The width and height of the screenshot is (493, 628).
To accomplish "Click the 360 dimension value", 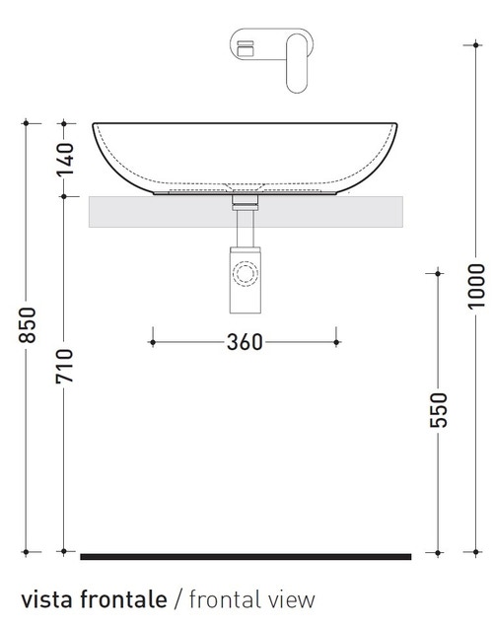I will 245,342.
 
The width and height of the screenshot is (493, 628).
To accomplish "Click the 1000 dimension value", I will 476,286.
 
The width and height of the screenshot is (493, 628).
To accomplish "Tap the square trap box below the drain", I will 245,282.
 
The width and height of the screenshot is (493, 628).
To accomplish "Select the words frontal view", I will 252,598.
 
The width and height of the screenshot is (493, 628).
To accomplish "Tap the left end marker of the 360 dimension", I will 153,342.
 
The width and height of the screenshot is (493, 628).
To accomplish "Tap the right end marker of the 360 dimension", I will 338,342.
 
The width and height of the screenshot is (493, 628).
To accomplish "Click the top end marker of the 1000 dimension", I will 477,42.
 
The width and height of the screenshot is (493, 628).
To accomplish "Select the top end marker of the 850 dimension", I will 28,123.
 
